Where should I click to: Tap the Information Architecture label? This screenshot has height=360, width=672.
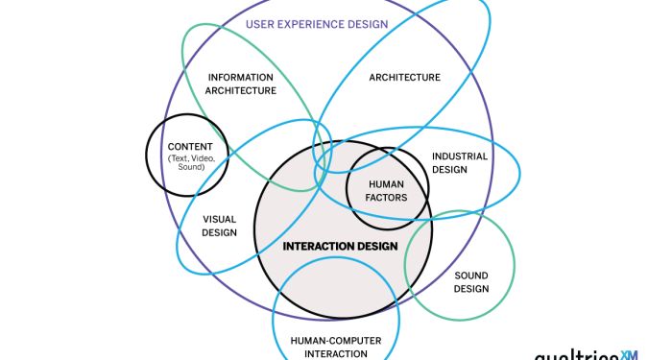pos(240,84)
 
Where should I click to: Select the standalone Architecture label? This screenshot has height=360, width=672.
pos(404,78)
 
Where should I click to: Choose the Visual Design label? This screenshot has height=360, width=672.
pos(219,226)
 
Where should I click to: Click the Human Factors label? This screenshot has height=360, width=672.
pos(387,190)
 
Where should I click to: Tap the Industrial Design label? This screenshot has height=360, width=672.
pos(459,162)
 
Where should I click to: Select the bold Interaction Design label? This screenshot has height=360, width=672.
pos(340,246)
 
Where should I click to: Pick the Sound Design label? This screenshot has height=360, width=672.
pos(471,282)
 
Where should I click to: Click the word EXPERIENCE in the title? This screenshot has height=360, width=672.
pos(304,24)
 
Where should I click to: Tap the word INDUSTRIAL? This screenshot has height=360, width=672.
pos(459,156)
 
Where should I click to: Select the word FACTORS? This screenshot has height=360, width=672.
pos(387,197)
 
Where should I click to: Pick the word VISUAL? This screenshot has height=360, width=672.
pos(219,219)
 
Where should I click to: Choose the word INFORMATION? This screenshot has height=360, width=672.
pos(240,77)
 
